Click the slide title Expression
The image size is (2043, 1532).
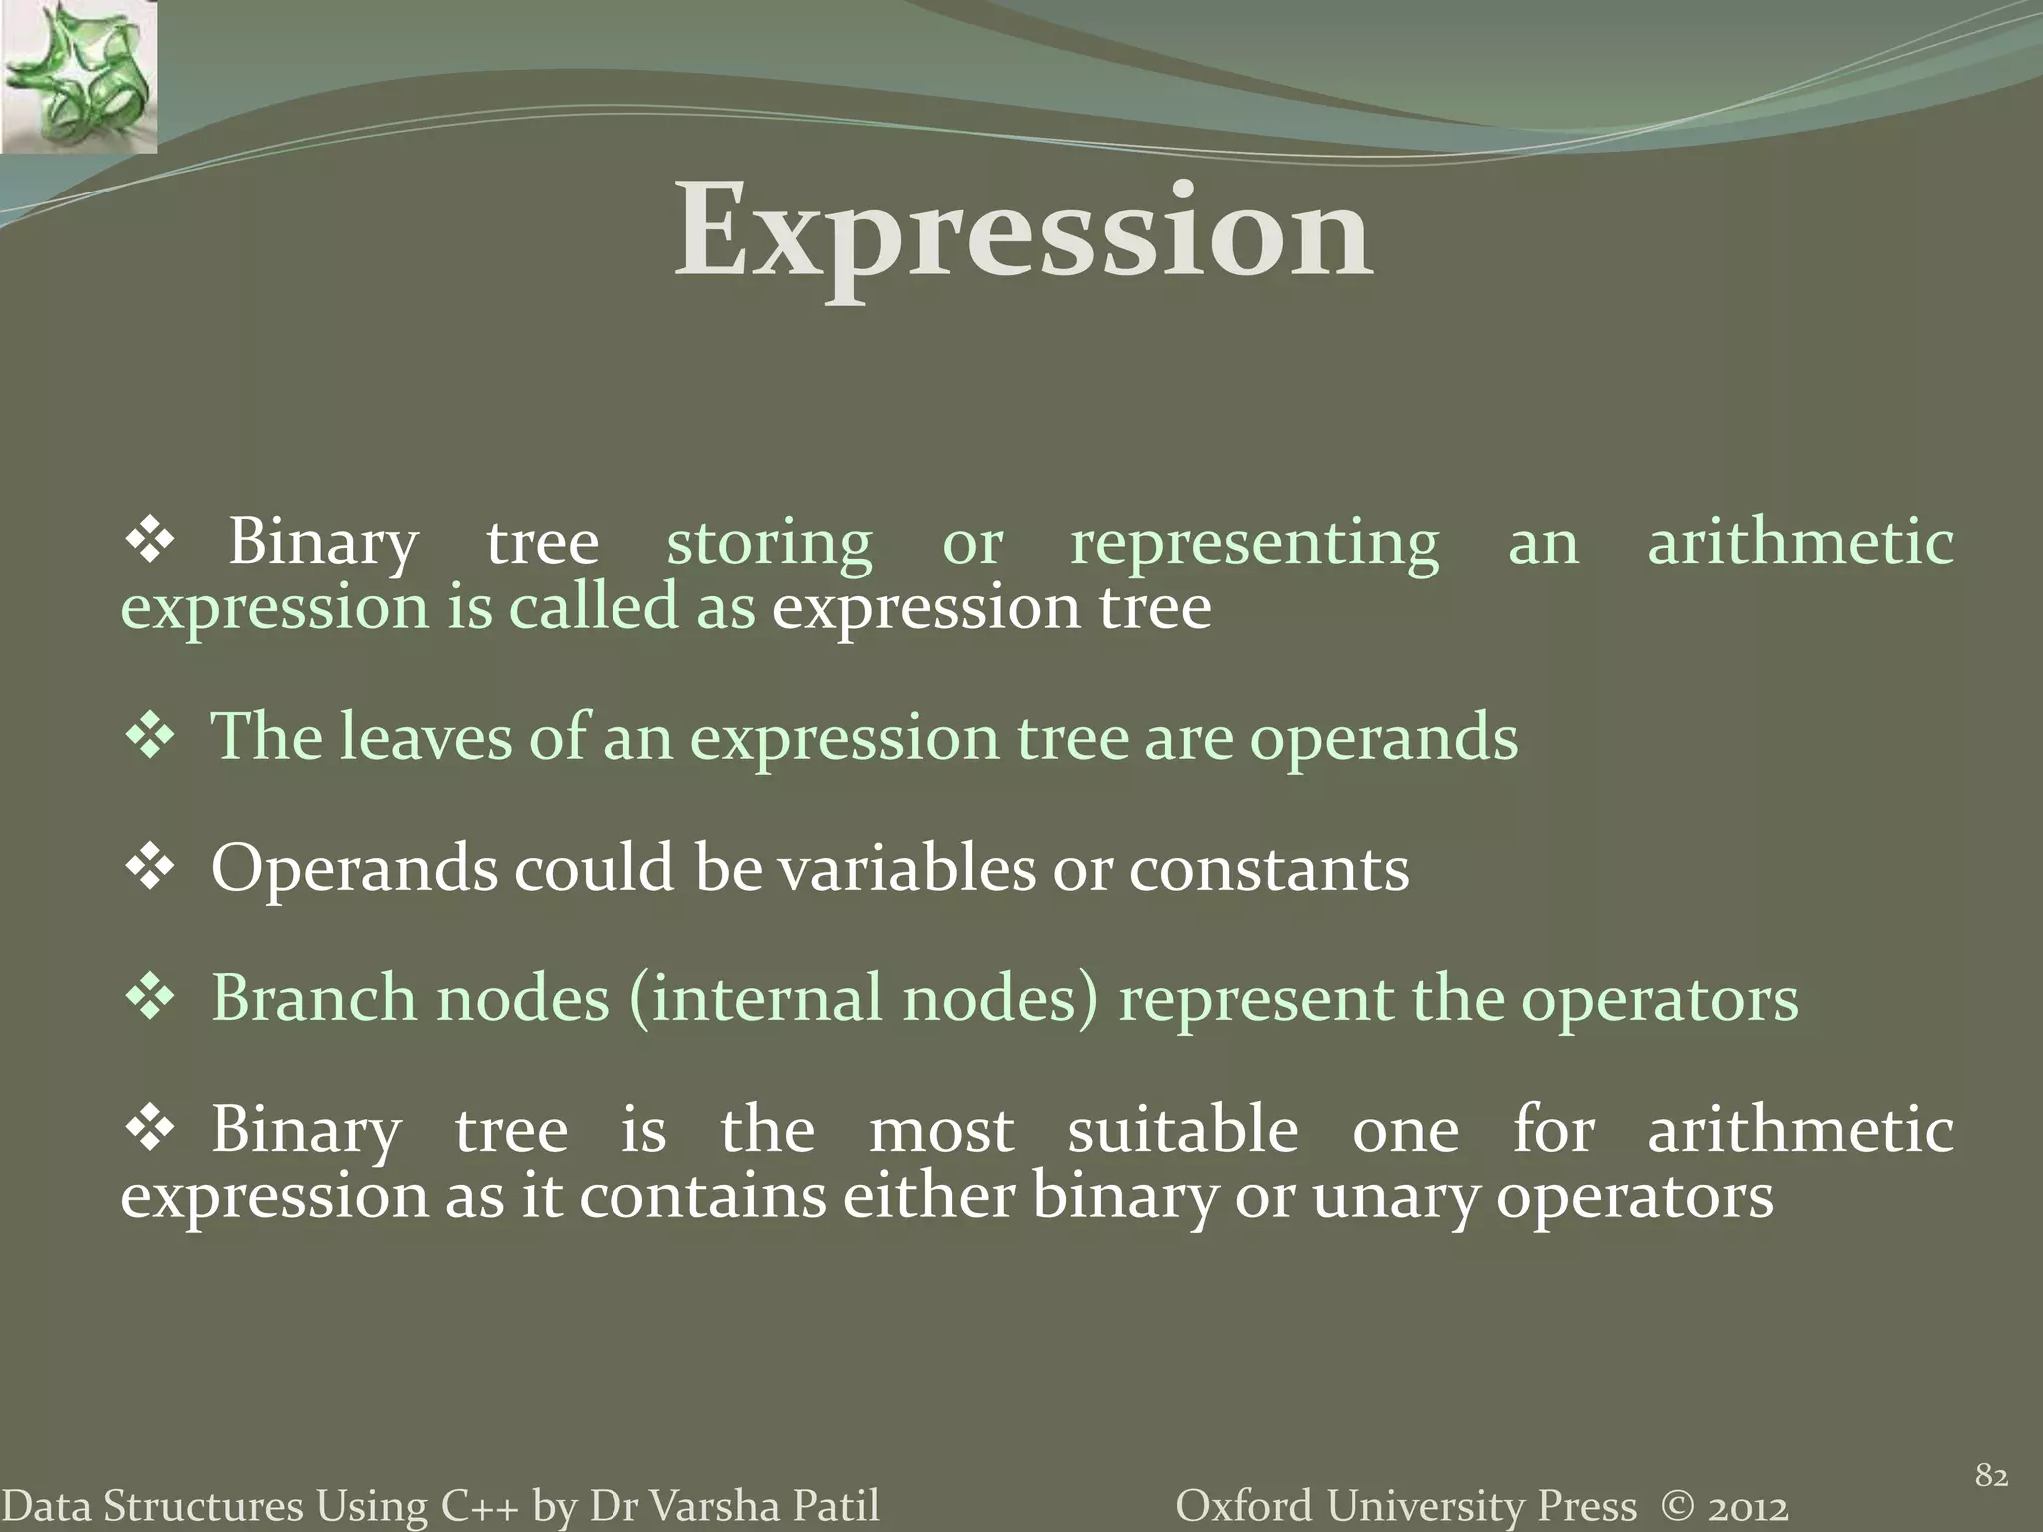[1023, 231]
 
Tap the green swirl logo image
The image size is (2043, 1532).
[78, 77]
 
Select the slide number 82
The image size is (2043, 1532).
[1991, 1475]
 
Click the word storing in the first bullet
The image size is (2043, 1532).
[769, 544]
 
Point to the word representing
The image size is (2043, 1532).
[1255, 544]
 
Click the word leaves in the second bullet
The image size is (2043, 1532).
[426, 738]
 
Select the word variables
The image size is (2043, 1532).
[907, 869]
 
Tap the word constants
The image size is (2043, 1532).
[1269, 869]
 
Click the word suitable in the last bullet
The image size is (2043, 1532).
[1183, 1130]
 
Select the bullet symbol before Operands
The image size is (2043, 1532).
[150, 866]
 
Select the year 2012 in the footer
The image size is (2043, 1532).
[1747, 1506]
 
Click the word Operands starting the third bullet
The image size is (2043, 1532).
[353, 869]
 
